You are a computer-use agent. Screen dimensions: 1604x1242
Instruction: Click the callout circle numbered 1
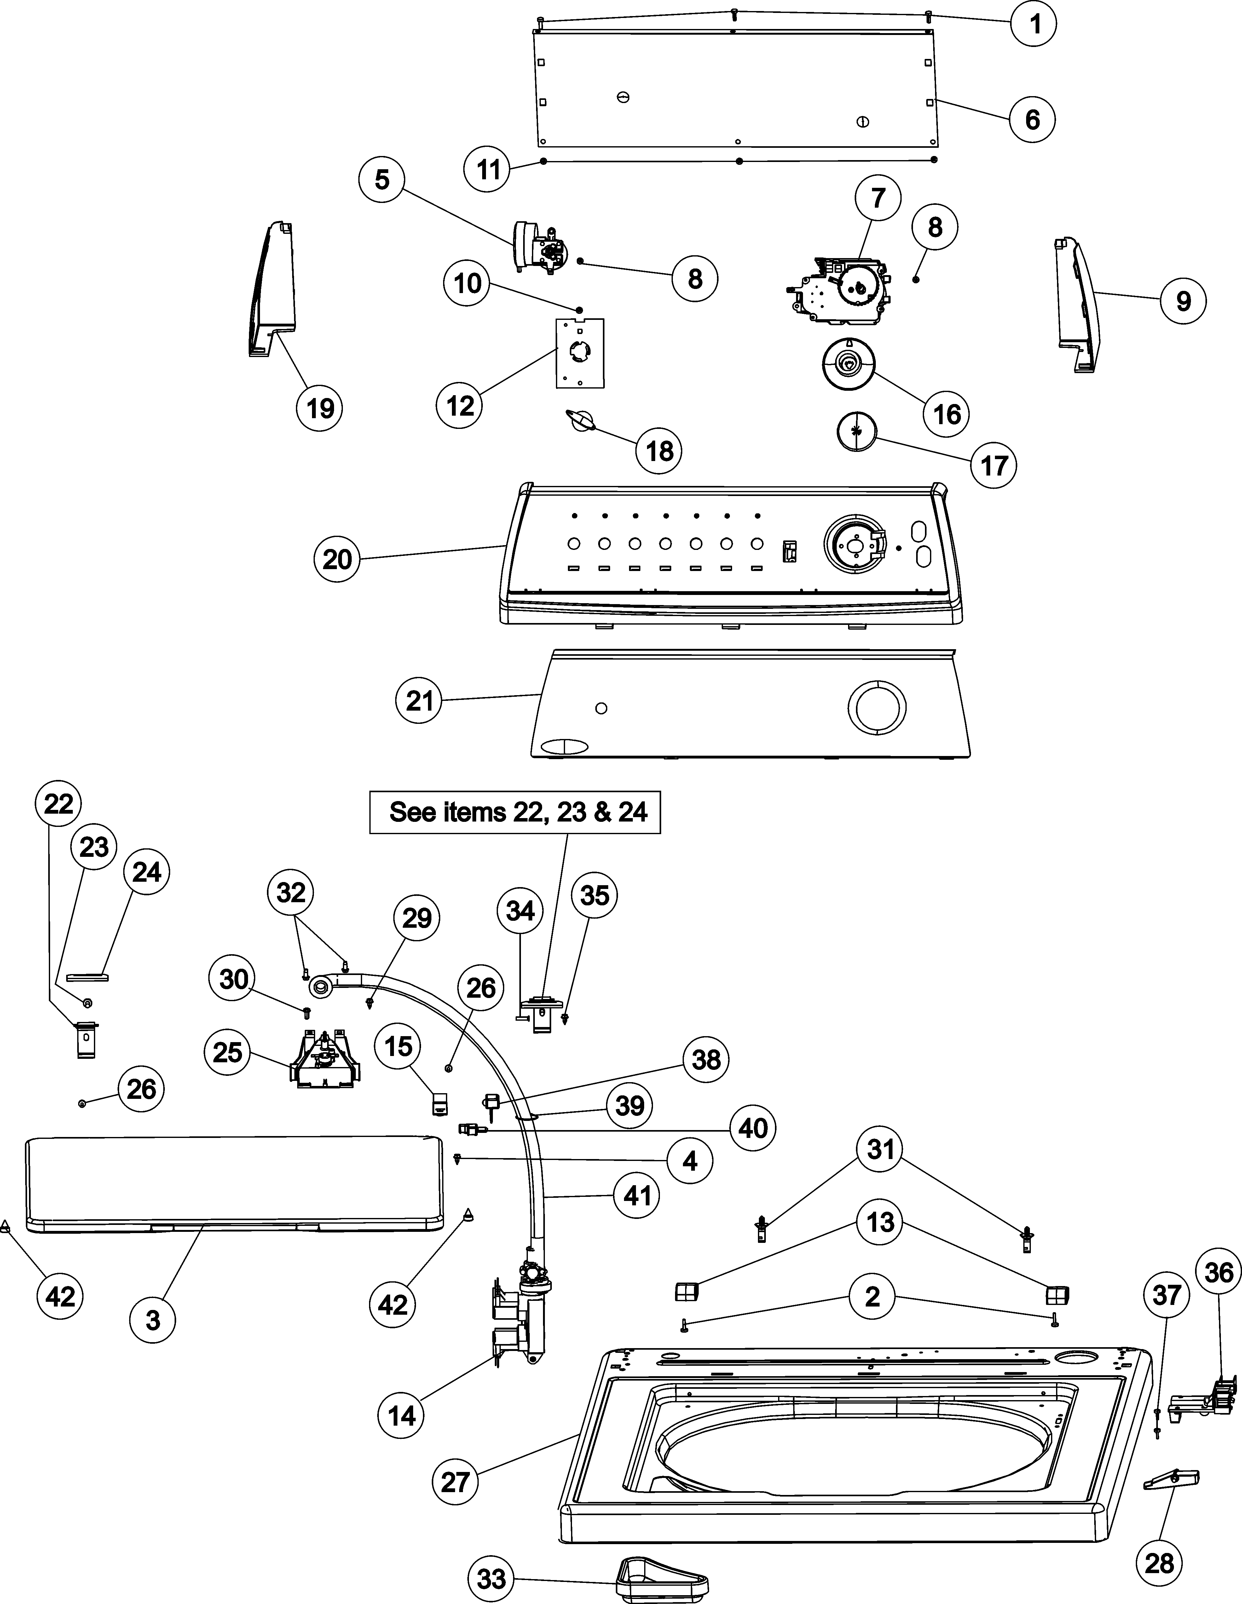tap(1034, 25)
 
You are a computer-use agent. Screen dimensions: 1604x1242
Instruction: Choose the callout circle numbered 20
tap(337, 560)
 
